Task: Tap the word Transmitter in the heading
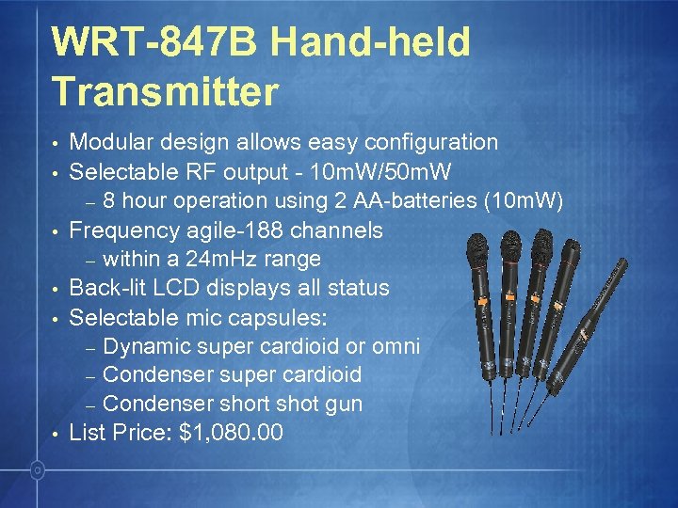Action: click(x=166, y=91)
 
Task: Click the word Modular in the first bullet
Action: click(x=114, y=142)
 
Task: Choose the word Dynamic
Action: click(x=145, y=346)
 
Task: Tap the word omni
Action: click(x=396, y=346)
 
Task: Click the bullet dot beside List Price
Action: click(x=56, y=435)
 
